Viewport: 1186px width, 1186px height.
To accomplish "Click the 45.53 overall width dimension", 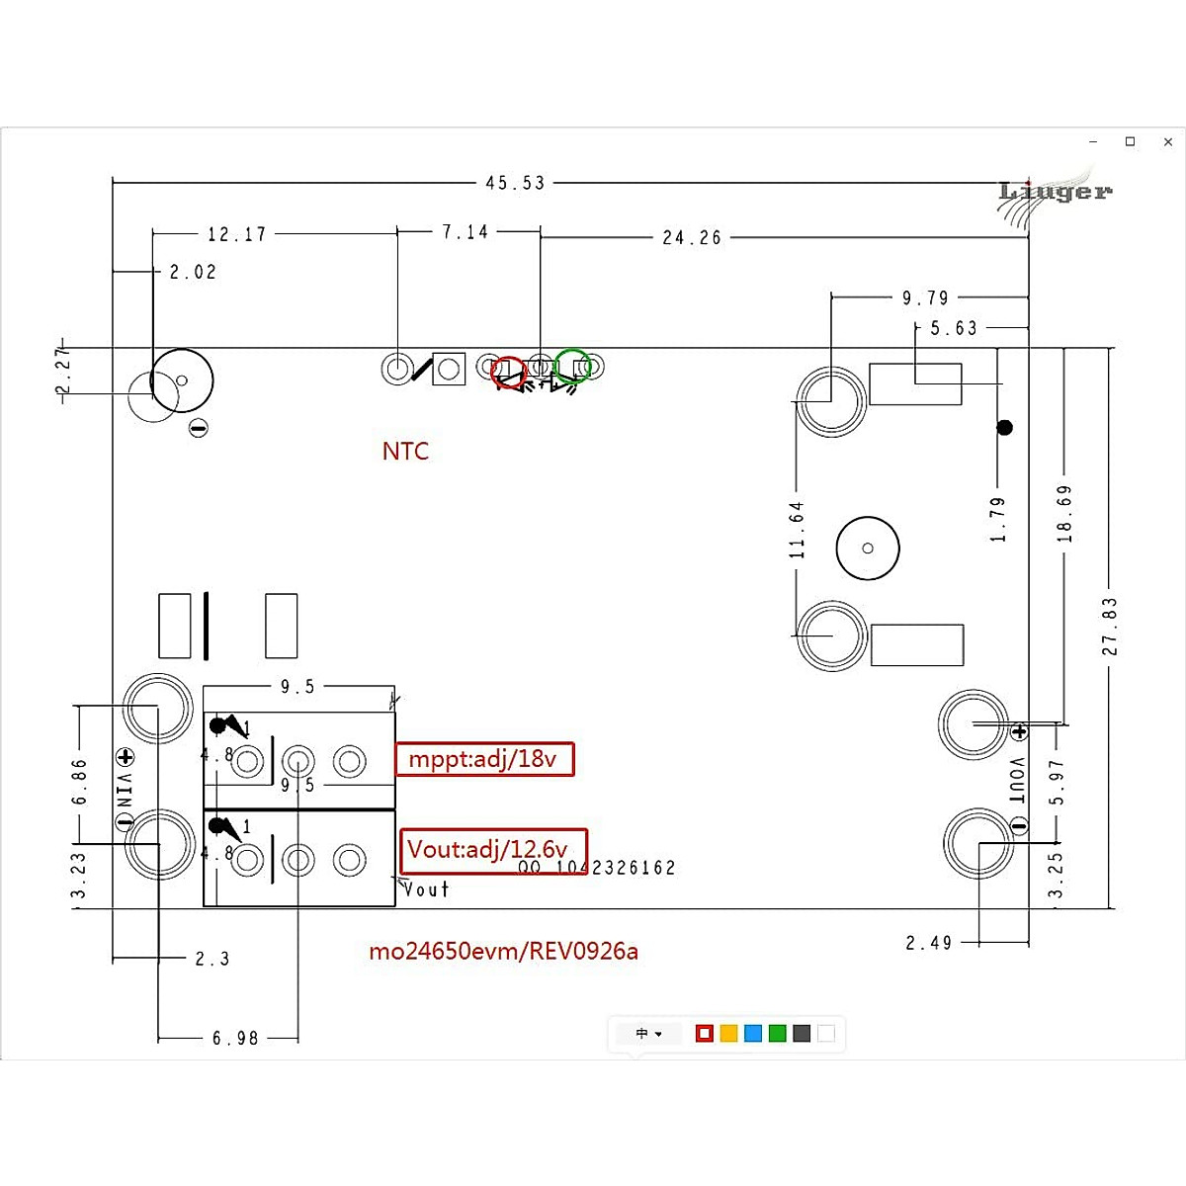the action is point(515,183).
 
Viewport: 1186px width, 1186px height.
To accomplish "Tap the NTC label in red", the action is point(405,452).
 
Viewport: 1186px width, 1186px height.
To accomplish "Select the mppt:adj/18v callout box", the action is point(484,759).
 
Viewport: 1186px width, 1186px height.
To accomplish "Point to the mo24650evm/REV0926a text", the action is point(503,952).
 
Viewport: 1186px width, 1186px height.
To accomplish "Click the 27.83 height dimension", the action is point(1110,626).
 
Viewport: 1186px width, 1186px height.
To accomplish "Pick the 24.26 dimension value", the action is point(692,238).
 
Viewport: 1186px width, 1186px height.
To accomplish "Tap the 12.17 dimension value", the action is point(237,235).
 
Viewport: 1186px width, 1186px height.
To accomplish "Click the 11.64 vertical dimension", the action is point(797,530).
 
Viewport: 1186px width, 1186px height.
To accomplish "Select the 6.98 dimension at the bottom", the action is point(235,1039).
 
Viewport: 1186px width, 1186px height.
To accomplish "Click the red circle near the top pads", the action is point(509,372).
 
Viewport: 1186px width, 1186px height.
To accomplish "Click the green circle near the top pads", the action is point(573,366).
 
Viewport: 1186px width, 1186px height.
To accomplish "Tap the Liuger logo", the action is point(1054,192).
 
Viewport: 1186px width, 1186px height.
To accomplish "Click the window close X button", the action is point(1168,142).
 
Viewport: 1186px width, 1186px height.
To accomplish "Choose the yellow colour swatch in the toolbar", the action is point(728,1034).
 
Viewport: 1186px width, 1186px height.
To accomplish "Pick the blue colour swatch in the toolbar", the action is point(753,1034).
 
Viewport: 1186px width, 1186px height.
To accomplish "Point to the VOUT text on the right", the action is point(1019,780).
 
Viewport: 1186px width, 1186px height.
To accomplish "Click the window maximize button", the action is point(1131,142).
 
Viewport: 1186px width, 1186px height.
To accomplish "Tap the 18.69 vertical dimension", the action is point(1064,513).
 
